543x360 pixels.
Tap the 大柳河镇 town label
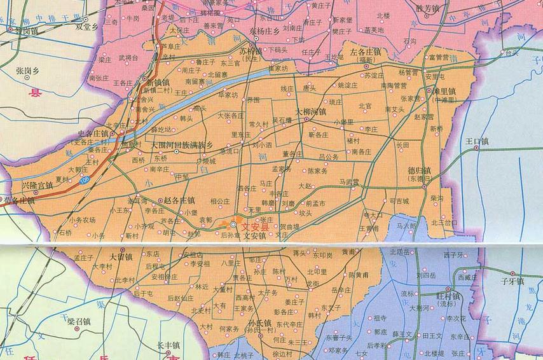pos(310,112)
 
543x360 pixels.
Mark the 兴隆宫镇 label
pos(38,184)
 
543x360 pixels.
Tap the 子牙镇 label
pos(512,280)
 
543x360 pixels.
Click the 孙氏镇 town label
pos(259,324)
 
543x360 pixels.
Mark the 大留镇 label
pos(121,256)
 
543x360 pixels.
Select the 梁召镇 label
pos(79,321)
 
